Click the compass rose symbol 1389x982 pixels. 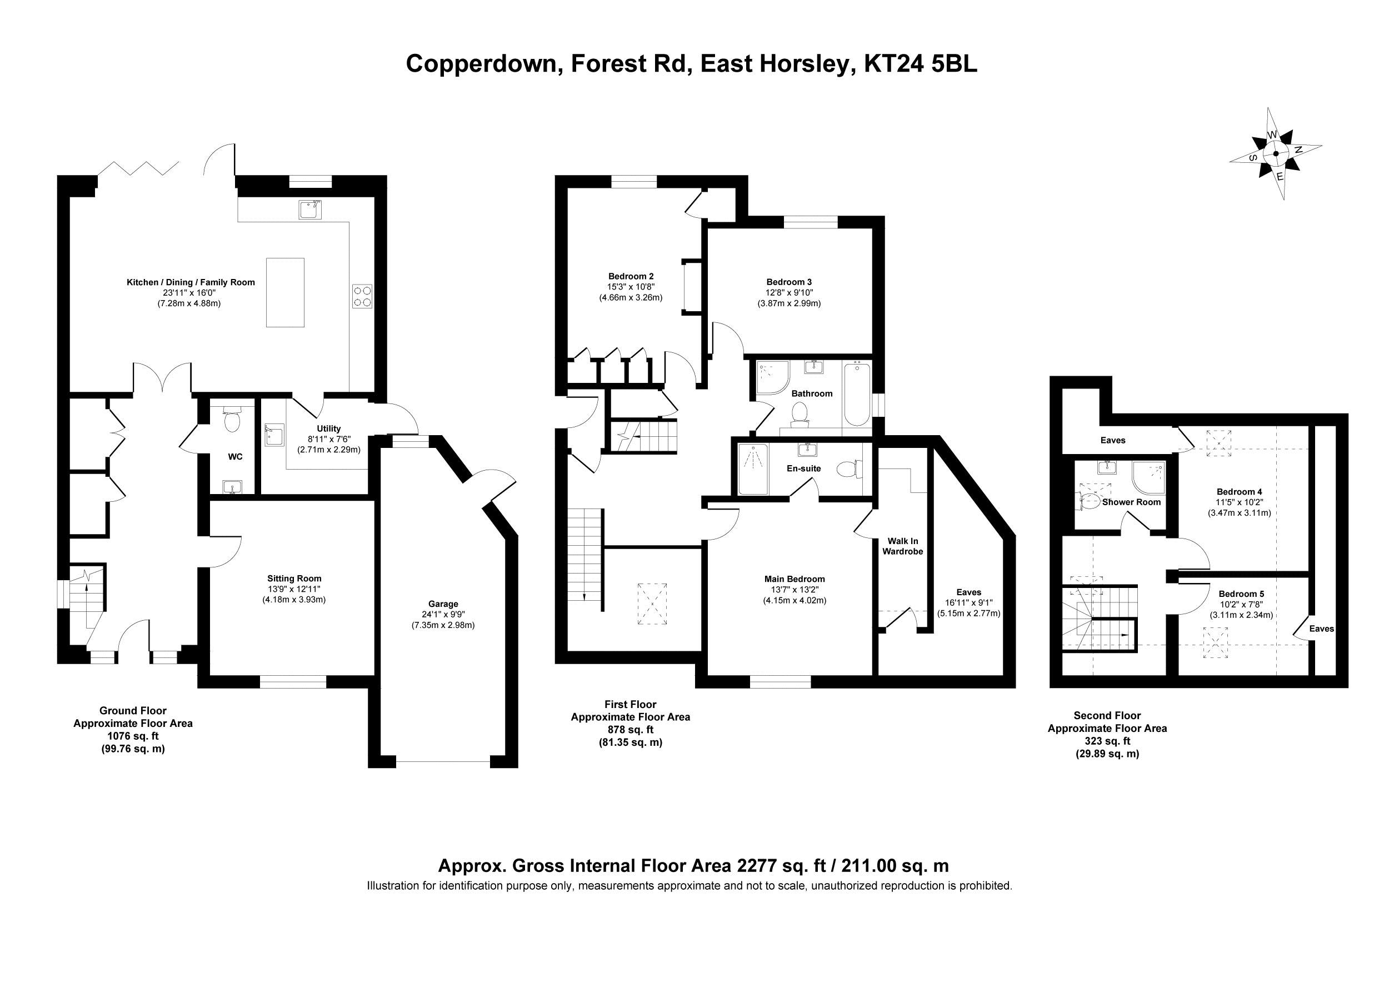[x=1275, y=154]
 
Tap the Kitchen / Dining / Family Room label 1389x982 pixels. [x=191, y=282]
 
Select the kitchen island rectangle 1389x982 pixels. [x=285, y=292]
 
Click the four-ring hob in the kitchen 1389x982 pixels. [x=362, y=296]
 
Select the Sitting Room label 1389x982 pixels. [x=294, y=579]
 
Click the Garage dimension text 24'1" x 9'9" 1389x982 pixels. [x=443, y=614]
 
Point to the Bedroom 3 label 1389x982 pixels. [x=789, y=282]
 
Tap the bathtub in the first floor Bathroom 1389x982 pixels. [x=856, y=394]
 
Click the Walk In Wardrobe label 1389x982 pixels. [x=902, y=546]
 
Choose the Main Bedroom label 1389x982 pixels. [x=795, y=579]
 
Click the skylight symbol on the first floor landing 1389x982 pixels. [x=652, y=604]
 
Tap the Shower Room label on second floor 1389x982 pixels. [x=1131, y=502]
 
